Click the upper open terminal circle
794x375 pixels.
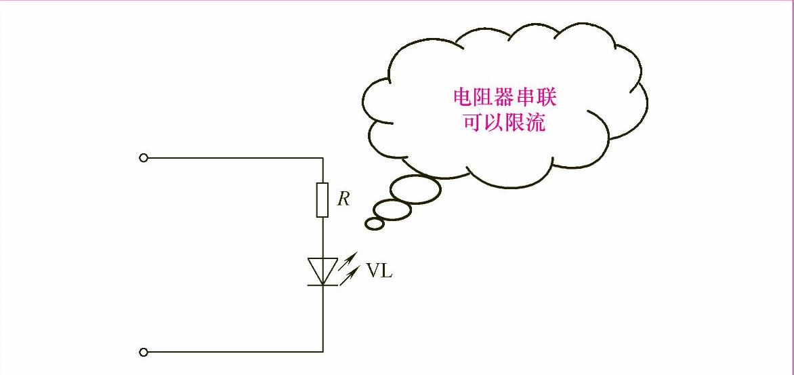tap(143, 158)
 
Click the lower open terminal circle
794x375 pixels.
tap(143, 352)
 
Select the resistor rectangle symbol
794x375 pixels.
tap(322, 200)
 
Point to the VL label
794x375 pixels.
tap(379, 271)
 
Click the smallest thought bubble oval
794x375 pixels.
tap(374, 222)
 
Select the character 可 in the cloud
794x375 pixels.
tap(473, 122)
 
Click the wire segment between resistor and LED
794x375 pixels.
tap(322, 237)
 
